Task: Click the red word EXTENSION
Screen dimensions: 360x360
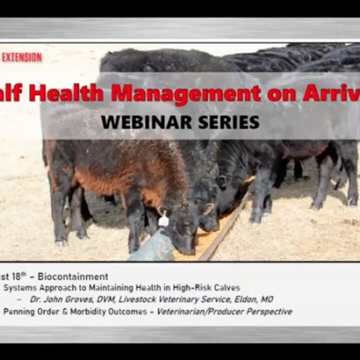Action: pyautogui.click(x=21, y=57)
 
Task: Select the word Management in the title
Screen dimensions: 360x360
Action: pyautogui.click(x=185, y=93)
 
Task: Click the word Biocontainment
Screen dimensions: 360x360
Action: pyautogui.click(x=79, y=276)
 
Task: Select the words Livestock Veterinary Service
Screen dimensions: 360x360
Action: pyautogui.click(x=168, y=299)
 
